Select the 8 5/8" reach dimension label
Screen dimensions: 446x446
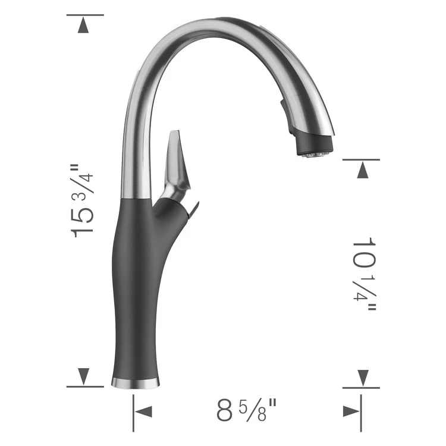246,410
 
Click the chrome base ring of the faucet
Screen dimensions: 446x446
136,381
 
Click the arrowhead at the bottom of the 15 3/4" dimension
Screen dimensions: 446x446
84,376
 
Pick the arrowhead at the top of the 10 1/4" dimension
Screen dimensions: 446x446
362,171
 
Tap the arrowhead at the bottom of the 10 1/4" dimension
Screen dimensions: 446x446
362,376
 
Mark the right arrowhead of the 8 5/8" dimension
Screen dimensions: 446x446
350,411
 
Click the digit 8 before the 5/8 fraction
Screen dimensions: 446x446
224,411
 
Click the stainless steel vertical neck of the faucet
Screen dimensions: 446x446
132,149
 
